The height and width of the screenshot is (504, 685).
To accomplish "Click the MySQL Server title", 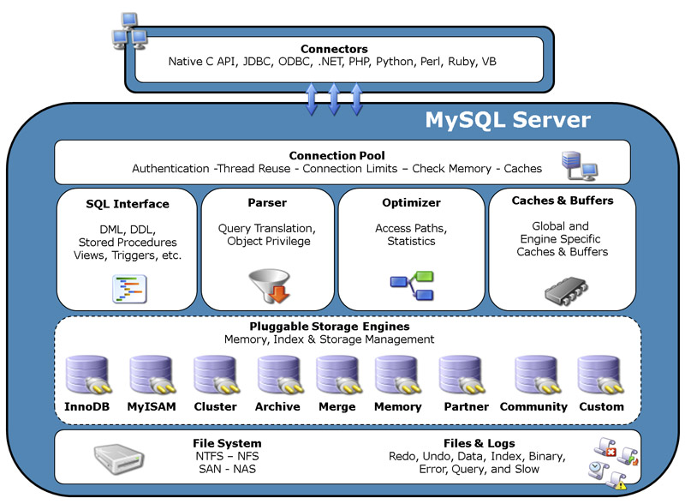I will (508, 120).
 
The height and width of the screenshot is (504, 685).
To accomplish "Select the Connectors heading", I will (334, 50).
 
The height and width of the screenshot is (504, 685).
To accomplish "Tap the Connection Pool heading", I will (337, 156).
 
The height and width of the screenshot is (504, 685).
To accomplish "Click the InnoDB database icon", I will (86, 375).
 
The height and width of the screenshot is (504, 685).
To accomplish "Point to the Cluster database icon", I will (214, 375).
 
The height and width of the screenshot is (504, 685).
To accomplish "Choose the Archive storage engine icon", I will (277, 375).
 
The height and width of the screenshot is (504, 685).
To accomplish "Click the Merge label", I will (337, 406).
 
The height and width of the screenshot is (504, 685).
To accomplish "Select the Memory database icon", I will (396, 375).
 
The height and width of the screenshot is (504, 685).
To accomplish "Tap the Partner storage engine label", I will (466, 406).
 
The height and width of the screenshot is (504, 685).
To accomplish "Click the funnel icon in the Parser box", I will (268, 287).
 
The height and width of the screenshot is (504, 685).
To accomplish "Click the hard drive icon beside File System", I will (116, 459).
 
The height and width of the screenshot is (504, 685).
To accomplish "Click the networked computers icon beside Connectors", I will (128, 30).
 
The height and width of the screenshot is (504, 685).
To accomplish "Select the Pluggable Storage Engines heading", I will (330, 327).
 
